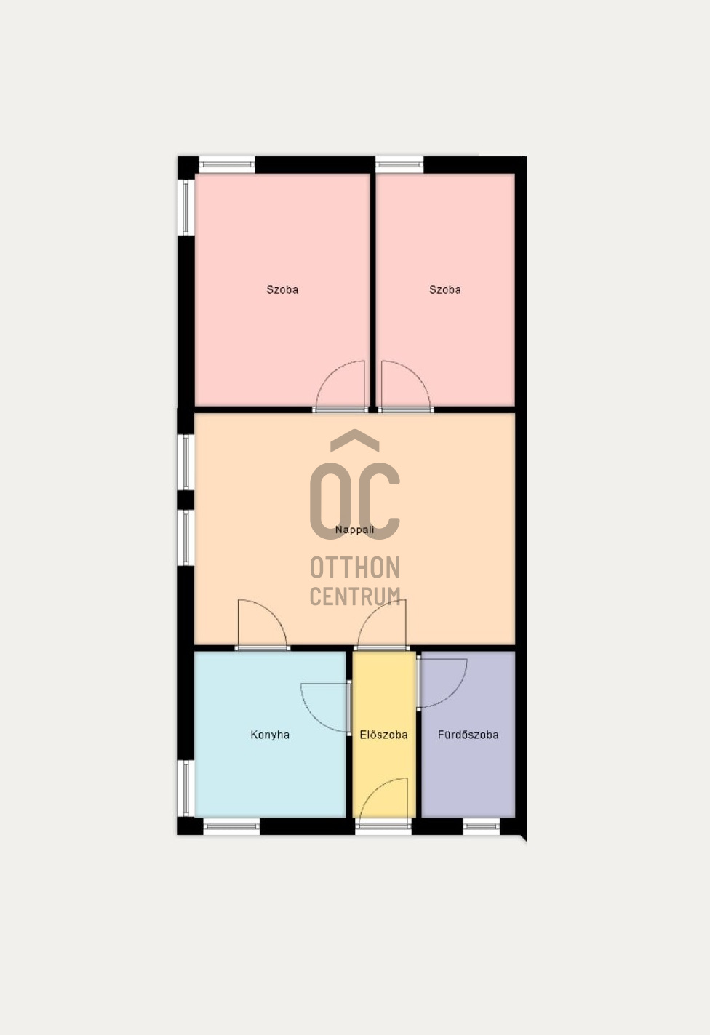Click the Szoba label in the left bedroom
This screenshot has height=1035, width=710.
(282, 289)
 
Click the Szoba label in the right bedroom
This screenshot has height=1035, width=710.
(445, 289)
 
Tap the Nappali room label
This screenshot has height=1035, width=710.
(355, 530)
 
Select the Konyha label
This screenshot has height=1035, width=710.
(270, 735)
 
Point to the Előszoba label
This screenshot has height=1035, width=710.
(383, 735)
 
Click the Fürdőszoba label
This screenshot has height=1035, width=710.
(468, 735)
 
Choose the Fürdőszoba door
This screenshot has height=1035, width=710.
(442, 682)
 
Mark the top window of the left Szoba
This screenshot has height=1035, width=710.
(227, 165)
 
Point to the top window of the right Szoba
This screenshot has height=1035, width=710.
(399, 165)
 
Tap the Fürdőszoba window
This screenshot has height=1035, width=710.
(482, 826)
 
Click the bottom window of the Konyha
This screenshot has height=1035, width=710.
(231, 826)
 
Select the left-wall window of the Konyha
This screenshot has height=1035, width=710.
(186, 788)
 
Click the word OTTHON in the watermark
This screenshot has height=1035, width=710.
(355, 567)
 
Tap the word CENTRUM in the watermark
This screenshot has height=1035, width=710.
(355, 596)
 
